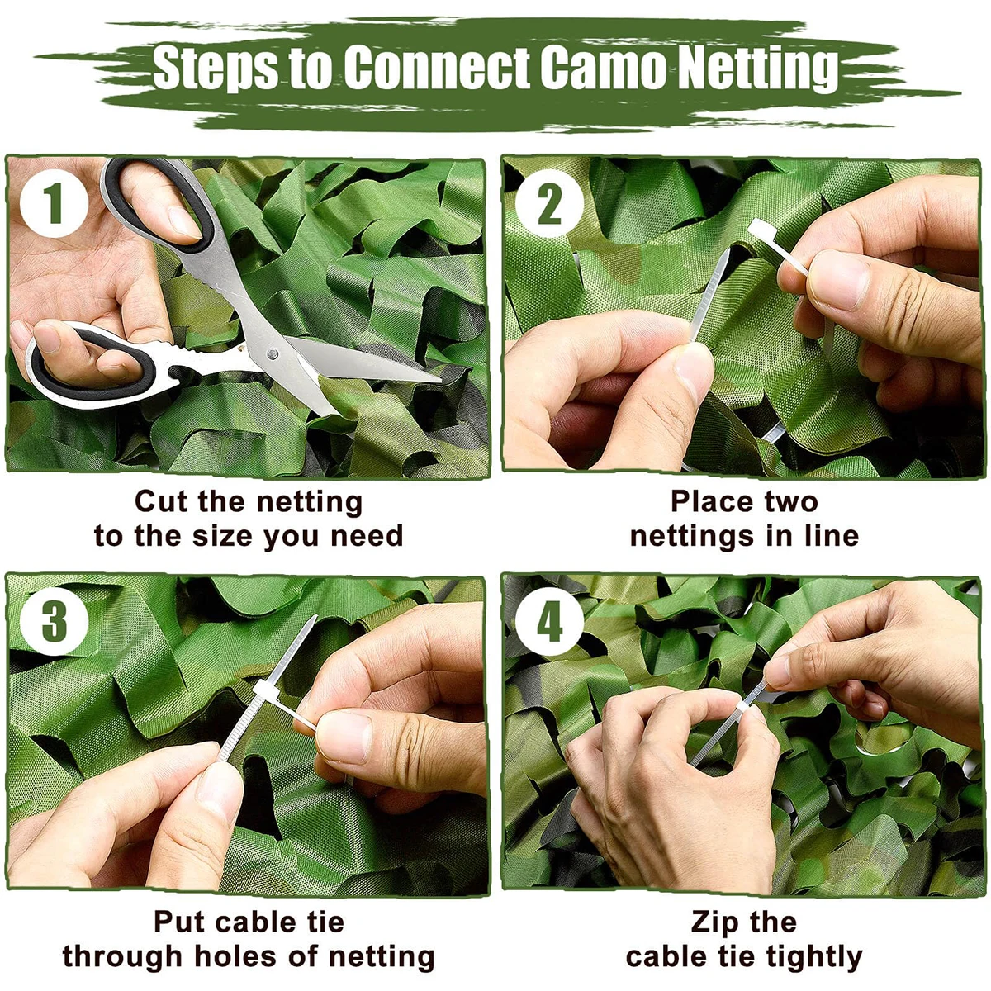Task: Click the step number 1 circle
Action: pos(54,203)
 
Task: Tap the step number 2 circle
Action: pos(549,203)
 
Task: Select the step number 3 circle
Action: pos(54,621)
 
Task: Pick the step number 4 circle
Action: pos(549,621)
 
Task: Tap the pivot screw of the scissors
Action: pos(273,353)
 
